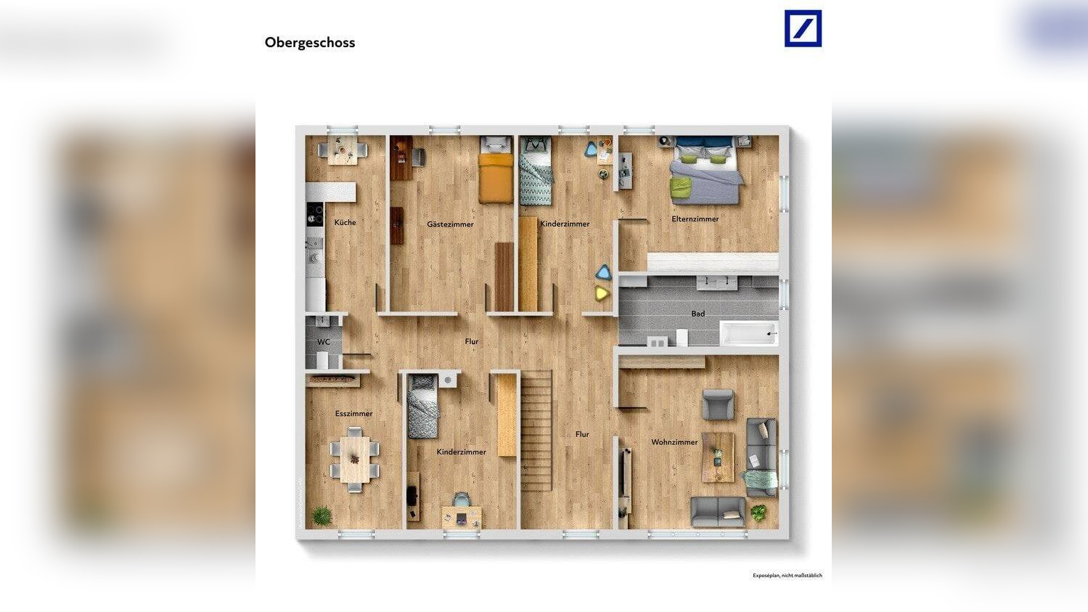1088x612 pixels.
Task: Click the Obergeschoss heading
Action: point(309,42)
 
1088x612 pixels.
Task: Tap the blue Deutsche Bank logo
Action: point(803,29)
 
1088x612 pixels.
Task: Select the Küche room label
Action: point(345,222)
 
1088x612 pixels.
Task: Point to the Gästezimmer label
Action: point(450,224)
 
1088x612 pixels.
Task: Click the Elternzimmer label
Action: point(695,219)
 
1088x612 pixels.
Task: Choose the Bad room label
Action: point(698,314)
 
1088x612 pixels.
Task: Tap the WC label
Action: point(324,342)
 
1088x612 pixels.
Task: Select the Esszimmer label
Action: point(353,414)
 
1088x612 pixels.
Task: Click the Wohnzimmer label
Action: point(674,442)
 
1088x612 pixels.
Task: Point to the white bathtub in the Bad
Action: point(748,333)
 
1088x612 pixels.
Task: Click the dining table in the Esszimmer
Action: point(355,460)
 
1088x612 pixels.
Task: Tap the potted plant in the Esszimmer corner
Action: point(321,516)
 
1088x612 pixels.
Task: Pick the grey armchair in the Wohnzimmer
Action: point(718,404)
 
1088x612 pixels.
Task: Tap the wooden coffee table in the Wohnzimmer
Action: point(718,457)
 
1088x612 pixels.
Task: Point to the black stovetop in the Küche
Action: point(315,213)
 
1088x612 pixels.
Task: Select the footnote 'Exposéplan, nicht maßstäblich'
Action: point(787,576)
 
